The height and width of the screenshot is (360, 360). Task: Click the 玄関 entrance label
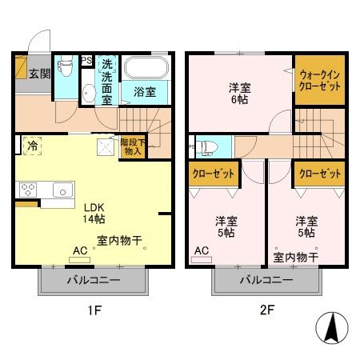(x=41, y=74)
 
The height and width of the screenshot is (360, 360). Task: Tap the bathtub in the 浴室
(x=146, y=68)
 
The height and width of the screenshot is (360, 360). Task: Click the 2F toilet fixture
(x=208, y=147)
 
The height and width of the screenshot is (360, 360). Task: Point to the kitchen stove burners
(x=29, y=190)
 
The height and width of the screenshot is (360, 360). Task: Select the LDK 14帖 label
(x=94, y=212)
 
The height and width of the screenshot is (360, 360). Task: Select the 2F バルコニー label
(x=265, y=281)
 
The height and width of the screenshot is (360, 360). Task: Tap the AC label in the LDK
(x=79, y=250)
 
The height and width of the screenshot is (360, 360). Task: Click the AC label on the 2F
(x=202, y=250)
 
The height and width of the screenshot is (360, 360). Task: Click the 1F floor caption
(x=93, y=309)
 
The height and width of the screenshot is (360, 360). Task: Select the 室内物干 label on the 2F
(x=296, y=257)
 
